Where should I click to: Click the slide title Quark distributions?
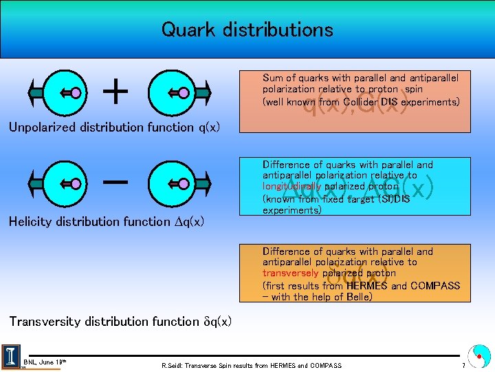coord(247,30)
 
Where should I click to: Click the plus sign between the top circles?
coord(118,91)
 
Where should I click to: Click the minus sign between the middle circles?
coord(118,183)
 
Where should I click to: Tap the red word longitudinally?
coord(291,186)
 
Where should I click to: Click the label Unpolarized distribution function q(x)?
coord(114,127)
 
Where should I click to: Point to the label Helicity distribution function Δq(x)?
coord(106,221)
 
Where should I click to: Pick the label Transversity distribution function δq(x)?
coord(120,321)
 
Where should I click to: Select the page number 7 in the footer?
coord(463,366)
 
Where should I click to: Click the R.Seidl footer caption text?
coord(251,365)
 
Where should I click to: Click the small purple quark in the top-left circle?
coord(76,91)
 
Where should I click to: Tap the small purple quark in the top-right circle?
coord(184,91)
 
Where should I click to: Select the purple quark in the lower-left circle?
coord(76,183)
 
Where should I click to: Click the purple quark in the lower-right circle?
coord(184,183)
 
